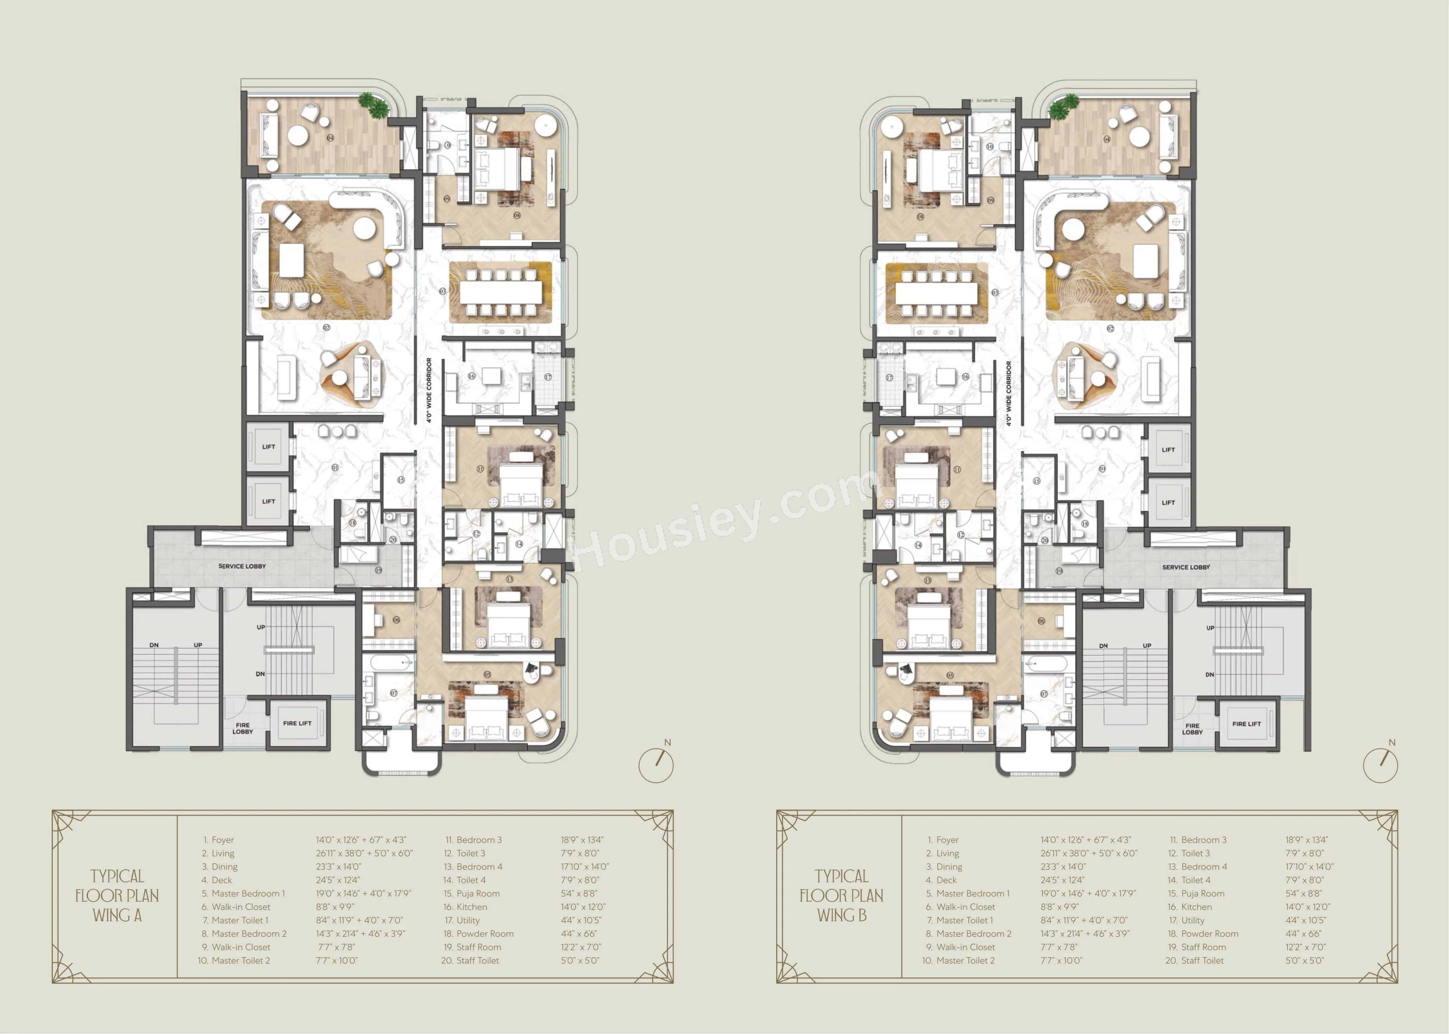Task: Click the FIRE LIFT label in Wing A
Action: [x=297, y=723]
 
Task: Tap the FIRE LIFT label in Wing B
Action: [x=1246, y=724]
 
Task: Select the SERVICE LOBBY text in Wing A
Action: [x=242, y=566]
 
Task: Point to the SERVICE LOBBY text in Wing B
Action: [x=1186, y=567]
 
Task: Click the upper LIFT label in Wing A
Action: [x=269, y=447]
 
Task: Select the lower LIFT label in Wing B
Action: [x=1168, y=502]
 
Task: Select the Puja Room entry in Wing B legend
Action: [x=1203, y=893]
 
